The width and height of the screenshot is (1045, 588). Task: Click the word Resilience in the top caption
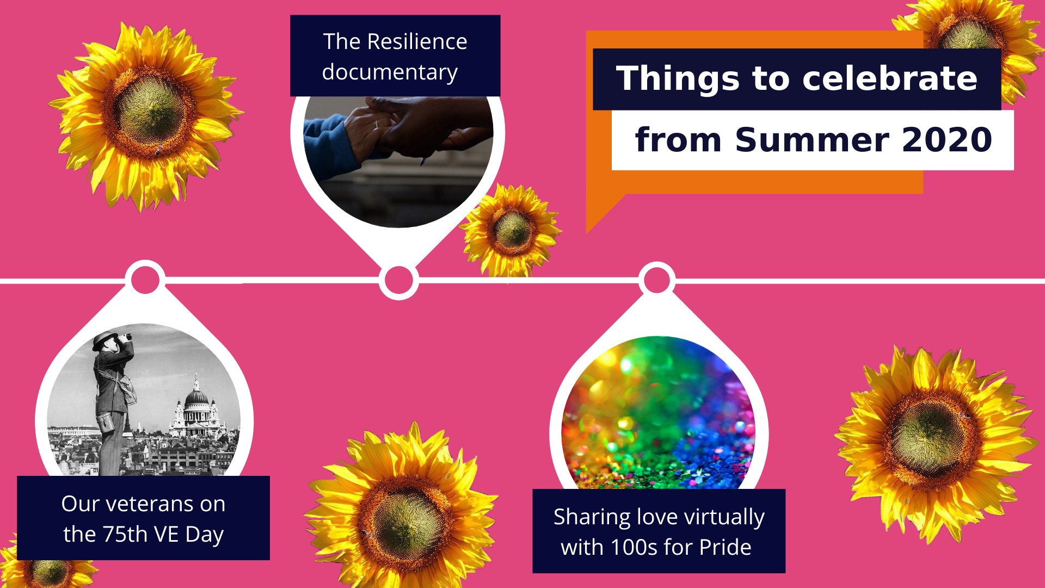pos(417,41)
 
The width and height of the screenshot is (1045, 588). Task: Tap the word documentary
pos(390,72)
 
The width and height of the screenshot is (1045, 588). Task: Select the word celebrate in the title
pos(890,78)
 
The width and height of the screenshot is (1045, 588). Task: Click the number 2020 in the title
pos(947,139)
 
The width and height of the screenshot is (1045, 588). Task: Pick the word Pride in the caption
pos(726,547)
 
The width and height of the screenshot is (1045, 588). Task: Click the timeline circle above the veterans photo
pos(145,280)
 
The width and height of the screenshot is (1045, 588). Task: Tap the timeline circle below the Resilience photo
pos(399,280)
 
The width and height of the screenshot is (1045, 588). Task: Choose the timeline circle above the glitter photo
pos(657,280)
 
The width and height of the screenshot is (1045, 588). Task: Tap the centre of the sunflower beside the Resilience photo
pos(512,230)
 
